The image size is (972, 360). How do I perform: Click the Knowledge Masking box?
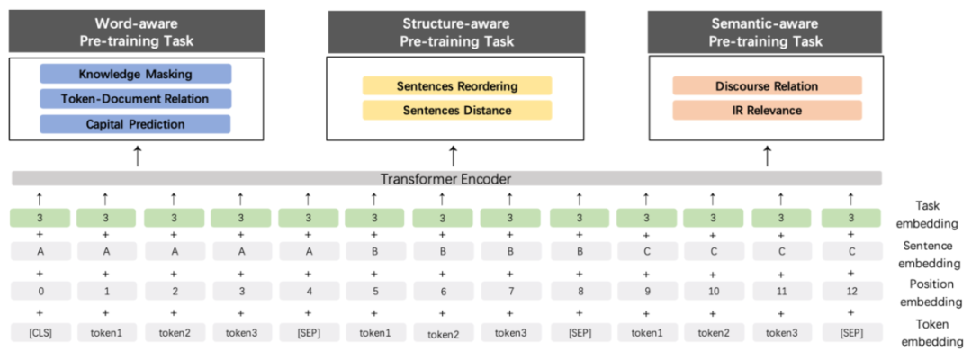point(136,74)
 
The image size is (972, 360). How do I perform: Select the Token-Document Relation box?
point(136,99)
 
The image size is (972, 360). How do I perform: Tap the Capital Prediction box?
point(136,123)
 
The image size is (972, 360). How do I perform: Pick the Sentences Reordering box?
point(456,86)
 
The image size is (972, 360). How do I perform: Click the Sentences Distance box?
point(456,110)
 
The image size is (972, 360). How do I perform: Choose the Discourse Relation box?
point(767,86)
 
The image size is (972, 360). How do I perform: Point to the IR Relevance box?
point(767,110)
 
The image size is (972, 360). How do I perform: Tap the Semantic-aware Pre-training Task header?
point(767,31)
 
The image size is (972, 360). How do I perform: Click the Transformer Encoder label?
point(447,178)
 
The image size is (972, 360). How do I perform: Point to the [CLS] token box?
point(40,333)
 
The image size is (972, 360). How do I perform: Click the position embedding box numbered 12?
point(850,291)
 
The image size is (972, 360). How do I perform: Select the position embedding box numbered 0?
point(40,291)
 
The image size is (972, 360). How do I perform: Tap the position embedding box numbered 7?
point(510,291)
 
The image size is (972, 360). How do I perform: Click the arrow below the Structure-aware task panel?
point(454,155)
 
